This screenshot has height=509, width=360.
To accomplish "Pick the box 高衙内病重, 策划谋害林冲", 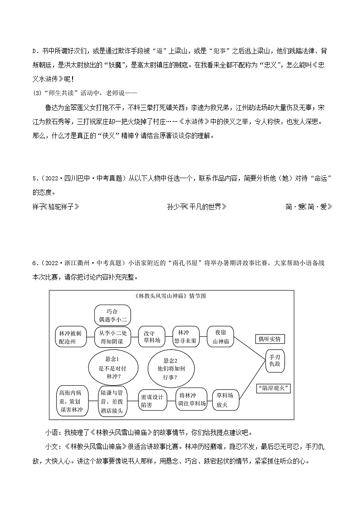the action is pyautogui.click(x=71, y=401).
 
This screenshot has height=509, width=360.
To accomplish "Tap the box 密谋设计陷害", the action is pyautogui.click(x=152, y=401).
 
